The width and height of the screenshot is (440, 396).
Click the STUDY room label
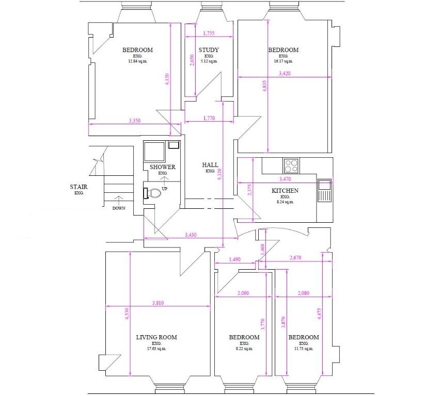pos(209,50)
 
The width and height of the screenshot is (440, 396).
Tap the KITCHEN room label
pos(285,191)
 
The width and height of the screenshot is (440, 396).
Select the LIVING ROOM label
pos(156,337)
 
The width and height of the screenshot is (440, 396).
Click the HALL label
pos(210,165)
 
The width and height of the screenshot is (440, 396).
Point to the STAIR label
pos(78,187)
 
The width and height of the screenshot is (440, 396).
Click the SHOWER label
pos(163,167)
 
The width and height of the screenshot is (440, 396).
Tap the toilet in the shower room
pos(152,193)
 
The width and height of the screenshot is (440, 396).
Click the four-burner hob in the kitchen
pos(291,166)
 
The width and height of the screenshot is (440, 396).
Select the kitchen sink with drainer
pos(324,190)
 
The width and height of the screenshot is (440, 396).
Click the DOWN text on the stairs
pos(119,208)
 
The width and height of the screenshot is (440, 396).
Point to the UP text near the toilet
pos(164,189)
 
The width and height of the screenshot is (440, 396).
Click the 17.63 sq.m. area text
pos(156,349)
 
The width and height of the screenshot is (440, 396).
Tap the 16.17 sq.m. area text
pos(284,61)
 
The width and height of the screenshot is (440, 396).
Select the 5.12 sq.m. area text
pos(209,61)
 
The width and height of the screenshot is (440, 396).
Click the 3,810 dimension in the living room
pos(158,303)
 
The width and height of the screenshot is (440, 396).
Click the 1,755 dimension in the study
pos(209,34)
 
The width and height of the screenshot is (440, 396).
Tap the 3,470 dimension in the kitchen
pos(285,179)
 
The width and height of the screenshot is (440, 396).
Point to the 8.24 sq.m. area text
pos(285,202)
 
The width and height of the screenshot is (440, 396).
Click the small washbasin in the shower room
pos(174,144)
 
